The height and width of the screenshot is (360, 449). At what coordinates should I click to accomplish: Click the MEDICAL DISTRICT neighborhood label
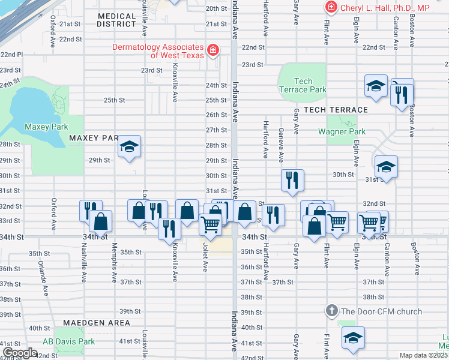coord(116,20)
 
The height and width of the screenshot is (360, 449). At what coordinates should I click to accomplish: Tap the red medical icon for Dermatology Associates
coord(212,50)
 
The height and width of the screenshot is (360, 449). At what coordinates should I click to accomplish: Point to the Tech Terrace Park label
coord(303,85)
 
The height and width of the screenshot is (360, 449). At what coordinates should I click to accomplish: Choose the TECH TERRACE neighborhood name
coord(336,110)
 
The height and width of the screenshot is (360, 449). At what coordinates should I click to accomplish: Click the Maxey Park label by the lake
coord(46,127)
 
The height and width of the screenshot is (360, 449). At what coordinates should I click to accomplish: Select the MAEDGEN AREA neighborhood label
coord(99,323)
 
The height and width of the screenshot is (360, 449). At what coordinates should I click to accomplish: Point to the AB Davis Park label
coord(69,341)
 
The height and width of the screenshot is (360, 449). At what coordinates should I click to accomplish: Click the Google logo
coord(19,353)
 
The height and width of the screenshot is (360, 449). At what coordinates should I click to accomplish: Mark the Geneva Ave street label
coord(280,145)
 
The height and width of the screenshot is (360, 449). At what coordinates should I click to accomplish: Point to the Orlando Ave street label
coord(43,278)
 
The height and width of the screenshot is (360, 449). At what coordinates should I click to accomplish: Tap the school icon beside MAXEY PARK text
coord(129,147)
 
